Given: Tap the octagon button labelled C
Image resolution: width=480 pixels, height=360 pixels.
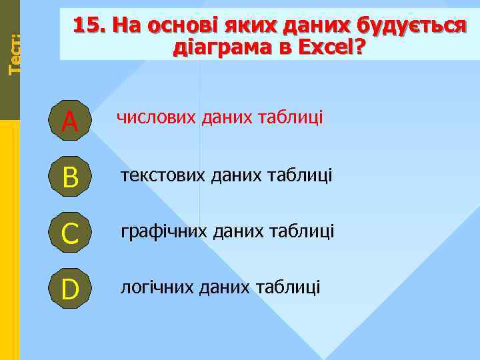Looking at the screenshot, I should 69,232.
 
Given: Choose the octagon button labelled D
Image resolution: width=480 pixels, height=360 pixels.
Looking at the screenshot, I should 69,289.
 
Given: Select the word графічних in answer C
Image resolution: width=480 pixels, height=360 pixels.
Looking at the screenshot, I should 162,231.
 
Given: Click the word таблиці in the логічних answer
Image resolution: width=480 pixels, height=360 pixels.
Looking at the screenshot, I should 291,287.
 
